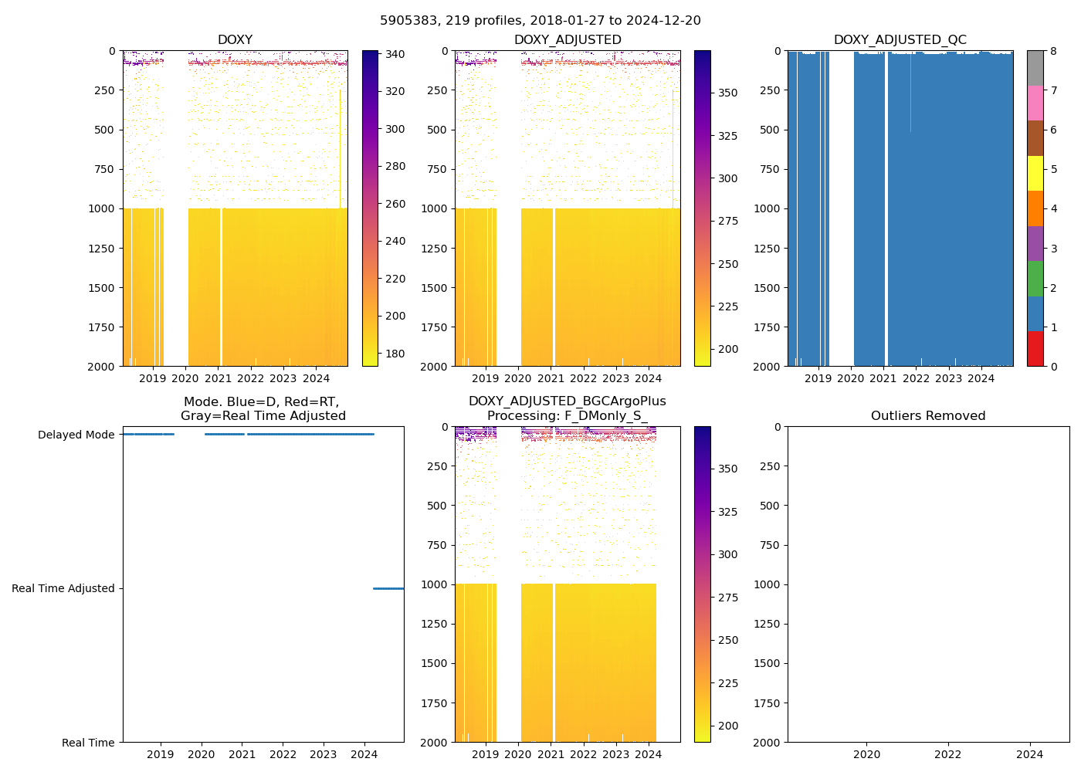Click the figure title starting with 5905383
coord(540,21)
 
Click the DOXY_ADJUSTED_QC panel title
coord(900,40)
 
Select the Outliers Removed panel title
coord(928,416)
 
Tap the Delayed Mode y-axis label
coord(76,435)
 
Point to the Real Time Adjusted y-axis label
coord(63,588)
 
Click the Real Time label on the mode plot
coord(88,743)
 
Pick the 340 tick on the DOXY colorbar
coord(395,54)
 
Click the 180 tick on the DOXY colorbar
coord(395,354)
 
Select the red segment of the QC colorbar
coord(1035,348)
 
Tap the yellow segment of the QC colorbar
coord(1035,173)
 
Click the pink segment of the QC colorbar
coord(1035,103)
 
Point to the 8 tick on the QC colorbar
coord(1053,51)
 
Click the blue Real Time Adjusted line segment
coord(388,588)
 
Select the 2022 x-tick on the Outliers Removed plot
coord(948,754)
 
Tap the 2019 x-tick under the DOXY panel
coord(152,378)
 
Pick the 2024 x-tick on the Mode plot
coord(364,754)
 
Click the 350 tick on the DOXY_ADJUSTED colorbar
coord(727,93)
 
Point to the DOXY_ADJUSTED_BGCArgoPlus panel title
coord(567,408)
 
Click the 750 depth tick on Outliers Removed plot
coord(768,545)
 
